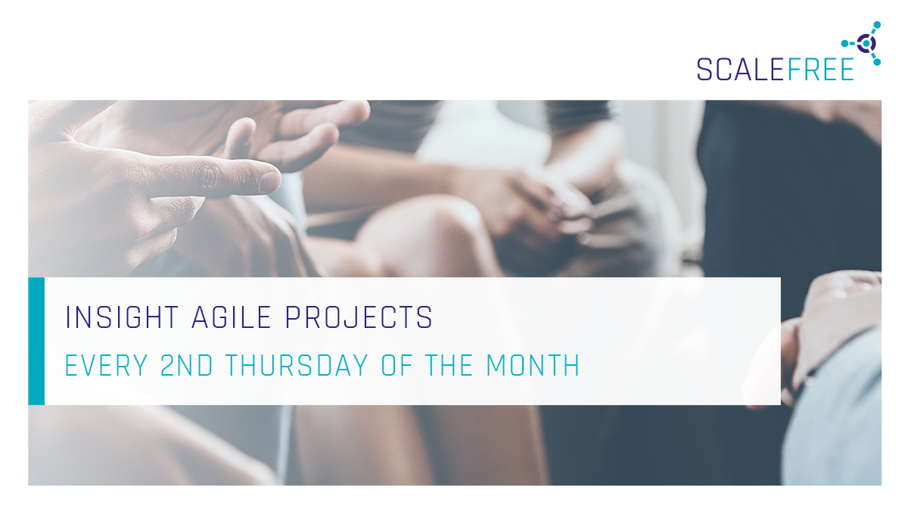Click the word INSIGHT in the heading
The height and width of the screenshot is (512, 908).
(x=122, y=317)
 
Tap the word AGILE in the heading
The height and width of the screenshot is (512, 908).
(x=231, y=317)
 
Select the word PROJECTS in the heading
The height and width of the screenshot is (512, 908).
(x=359, y=317)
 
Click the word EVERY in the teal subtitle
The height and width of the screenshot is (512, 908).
(x=106, y=365)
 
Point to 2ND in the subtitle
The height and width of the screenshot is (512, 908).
(x=186, y=365)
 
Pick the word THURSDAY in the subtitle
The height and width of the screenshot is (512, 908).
(x=297, y=365)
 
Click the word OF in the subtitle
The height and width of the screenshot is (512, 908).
(x=396, y=365)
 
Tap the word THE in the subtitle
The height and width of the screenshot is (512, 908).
(x=449, y=365)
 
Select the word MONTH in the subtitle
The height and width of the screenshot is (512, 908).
(x=533, y=365)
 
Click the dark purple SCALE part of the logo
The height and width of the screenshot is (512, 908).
(x=740, y=70)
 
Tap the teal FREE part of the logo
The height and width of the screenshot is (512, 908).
(x=821, y=70)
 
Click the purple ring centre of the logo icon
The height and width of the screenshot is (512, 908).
(x=866, y=43)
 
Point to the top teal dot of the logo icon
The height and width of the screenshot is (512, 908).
(x=877, y=25)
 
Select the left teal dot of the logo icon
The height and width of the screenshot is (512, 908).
(x=845, y=43)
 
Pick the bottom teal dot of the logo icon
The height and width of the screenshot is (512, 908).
(x=877, y=62)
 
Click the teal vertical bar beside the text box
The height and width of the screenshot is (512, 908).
(x=36, y=341)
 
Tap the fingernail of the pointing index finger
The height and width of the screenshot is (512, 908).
(x=269, y=181)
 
